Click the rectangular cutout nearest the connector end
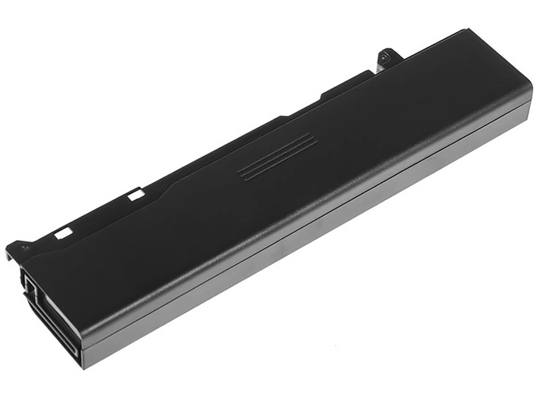point(64,232)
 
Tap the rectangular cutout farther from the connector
point(134,195)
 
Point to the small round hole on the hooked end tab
point(25,245)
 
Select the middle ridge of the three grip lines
point(278,157)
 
